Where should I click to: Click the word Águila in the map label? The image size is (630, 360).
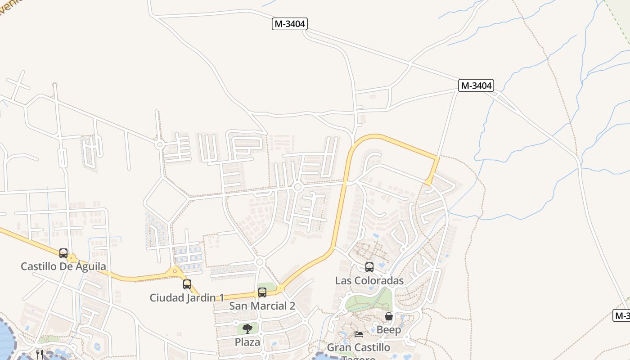pyautogui.click(x=90, y=266)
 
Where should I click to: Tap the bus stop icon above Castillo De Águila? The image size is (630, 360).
pyautogui.click(x=63, y=253)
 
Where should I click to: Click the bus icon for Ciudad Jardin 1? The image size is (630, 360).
pyautogui.click(x=187, y=284)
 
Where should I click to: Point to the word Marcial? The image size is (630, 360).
pyautogui.click(x=269, y=306)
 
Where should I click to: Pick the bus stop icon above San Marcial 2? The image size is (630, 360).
pyautogui.click(x=262, y=292)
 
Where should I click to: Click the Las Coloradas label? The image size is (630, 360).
pyautogui.click(x=369, y=280)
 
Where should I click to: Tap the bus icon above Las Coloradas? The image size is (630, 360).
pyautogui.click(x=369, y=267)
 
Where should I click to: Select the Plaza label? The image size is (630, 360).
pyautogui.click(x=247, y=342)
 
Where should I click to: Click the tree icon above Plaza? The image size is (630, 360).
pyautogui.click(x=247, y=328)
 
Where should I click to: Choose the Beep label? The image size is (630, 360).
pyautogui.click(x=389, y=330)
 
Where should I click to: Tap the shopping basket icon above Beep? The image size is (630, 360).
pyautogui.click(x=389, y=317)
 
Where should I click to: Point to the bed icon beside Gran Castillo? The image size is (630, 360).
pyautogui.click(x=359, y=334)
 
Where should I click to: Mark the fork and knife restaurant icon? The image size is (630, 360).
pyautogui.click(x=40, y=354)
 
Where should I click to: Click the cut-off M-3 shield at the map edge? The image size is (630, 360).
pyautogui.click(x=622, y=315)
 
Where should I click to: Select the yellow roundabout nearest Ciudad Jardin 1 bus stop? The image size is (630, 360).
pyautogui.click(x=175, y=271)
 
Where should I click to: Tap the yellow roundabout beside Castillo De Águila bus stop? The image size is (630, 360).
pyautogui.click(x=72, y=258)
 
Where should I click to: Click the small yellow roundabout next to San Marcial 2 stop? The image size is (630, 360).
pyautogui.click(x=280, y=288)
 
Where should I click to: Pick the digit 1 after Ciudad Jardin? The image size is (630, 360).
pyautogui.click(x=221, y=298)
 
